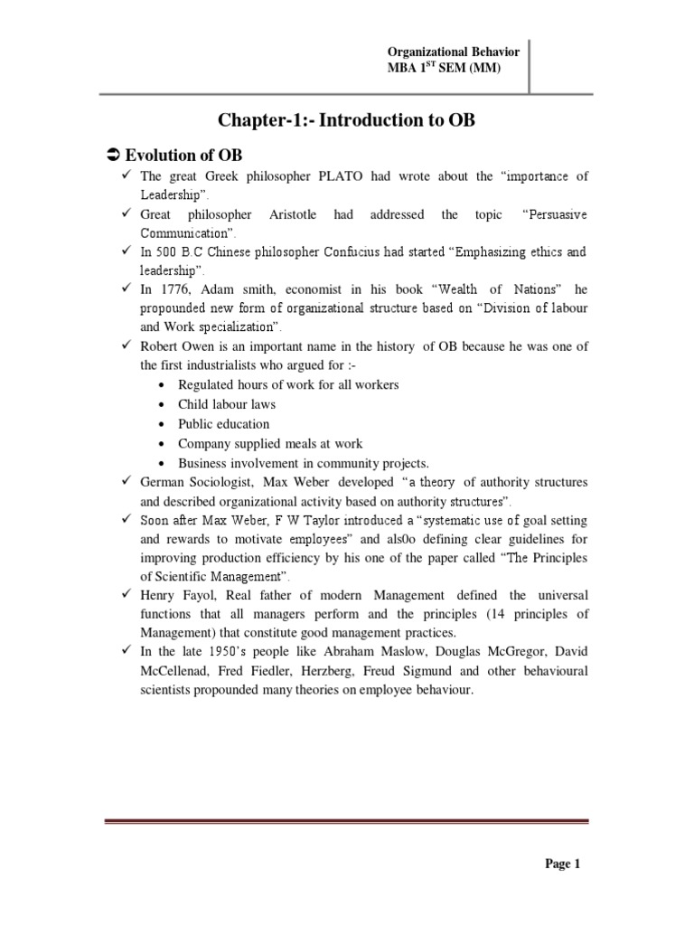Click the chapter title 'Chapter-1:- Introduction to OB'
tap(346, 121)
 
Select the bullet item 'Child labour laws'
tap(227, 404)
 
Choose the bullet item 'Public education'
tap(223, 423)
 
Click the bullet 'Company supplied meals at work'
tap(270, 443)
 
